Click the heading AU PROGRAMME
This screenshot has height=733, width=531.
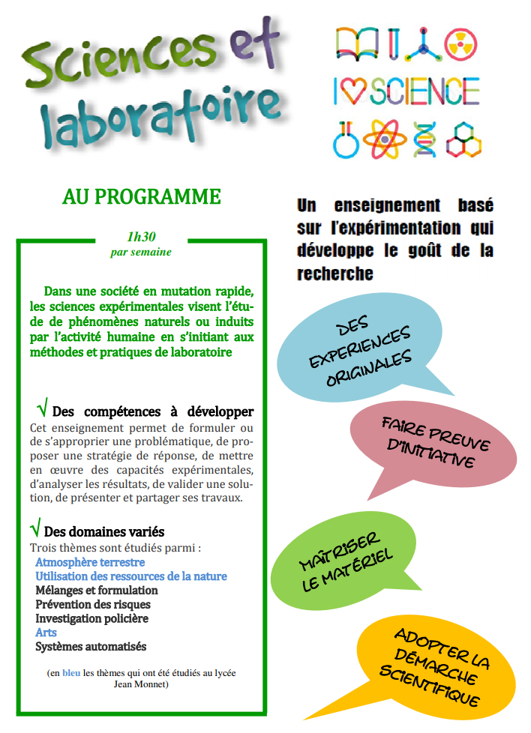(x=141, y=197)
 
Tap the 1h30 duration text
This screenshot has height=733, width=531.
(x=141, y=237)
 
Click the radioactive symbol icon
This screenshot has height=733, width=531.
(x=460, y=45)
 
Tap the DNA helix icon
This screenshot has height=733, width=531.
(x=424, y=139)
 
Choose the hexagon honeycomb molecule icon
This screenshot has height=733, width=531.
(x=463, y=139)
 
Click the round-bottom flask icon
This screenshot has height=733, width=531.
(x=346, y=140)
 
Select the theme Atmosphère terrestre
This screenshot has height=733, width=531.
(x=90, y=562)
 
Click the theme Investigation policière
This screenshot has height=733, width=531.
(x=91, y=618)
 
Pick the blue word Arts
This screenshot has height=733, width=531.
(x=46, y=633)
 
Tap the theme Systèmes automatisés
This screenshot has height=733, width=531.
(x=91, y=647)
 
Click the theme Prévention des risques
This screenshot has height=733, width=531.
(x=93, y=604)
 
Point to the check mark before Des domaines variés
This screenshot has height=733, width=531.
(x=35, y=527)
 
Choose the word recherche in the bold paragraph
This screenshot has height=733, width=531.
(x=335, y=274)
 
